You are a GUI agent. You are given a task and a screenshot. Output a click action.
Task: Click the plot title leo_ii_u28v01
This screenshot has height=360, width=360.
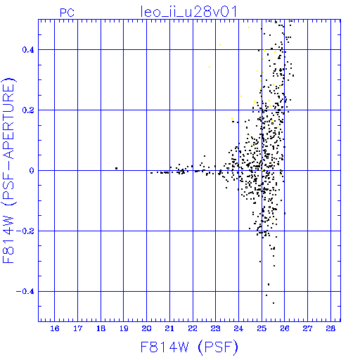tap(188, 12)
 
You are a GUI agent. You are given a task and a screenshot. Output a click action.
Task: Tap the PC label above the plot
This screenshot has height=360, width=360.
tap(67, 13)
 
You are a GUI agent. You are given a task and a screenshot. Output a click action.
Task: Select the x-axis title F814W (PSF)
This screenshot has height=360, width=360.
tap(189, 347)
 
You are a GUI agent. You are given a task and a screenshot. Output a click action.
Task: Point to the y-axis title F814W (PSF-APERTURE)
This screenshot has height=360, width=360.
tap(9, 170)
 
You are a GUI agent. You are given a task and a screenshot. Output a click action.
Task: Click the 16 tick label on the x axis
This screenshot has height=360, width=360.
tap(55, 328)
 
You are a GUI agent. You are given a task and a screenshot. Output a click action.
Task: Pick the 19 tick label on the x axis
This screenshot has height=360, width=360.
tap(124, 328)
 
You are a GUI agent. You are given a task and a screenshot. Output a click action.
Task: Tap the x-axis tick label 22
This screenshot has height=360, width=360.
tap(193, 328)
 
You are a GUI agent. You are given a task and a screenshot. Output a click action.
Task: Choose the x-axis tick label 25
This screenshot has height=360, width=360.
tap(262, 328)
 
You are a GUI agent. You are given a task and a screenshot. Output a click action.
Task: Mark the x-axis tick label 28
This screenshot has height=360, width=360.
tap(330, 328)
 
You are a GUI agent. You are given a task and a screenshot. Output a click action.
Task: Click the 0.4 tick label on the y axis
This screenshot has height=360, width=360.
tap(28, 50)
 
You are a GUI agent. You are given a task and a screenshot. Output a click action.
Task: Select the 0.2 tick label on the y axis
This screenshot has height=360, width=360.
tap(28, 110)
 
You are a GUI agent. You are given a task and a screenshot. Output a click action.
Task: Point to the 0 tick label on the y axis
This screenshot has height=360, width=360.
tap(32, 171)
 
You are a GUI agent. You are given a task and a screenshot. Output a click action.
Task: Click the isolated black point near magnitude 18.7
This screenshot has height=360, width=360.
tap(116, 168)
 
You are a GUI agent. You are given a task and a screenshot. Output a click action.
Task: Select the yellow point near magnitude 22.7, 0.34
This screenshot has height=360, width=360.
tap(210, 67)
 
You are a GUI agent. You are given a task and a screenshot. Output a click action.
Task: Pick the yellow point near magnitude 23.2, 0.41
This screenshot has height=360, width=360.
tap(220, 45)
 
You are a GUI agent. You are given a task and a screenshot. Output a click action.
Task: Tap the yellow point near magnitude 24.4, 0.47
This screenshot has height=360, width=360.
tap(249, 27)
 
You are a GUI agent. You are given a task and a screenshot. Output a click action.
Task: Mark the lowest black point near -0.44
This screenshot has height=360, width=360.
tap(274, 303)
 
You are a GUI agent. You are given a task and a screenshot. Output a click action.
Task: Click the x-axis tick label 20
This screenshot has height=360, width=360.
tap(146, 328)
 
